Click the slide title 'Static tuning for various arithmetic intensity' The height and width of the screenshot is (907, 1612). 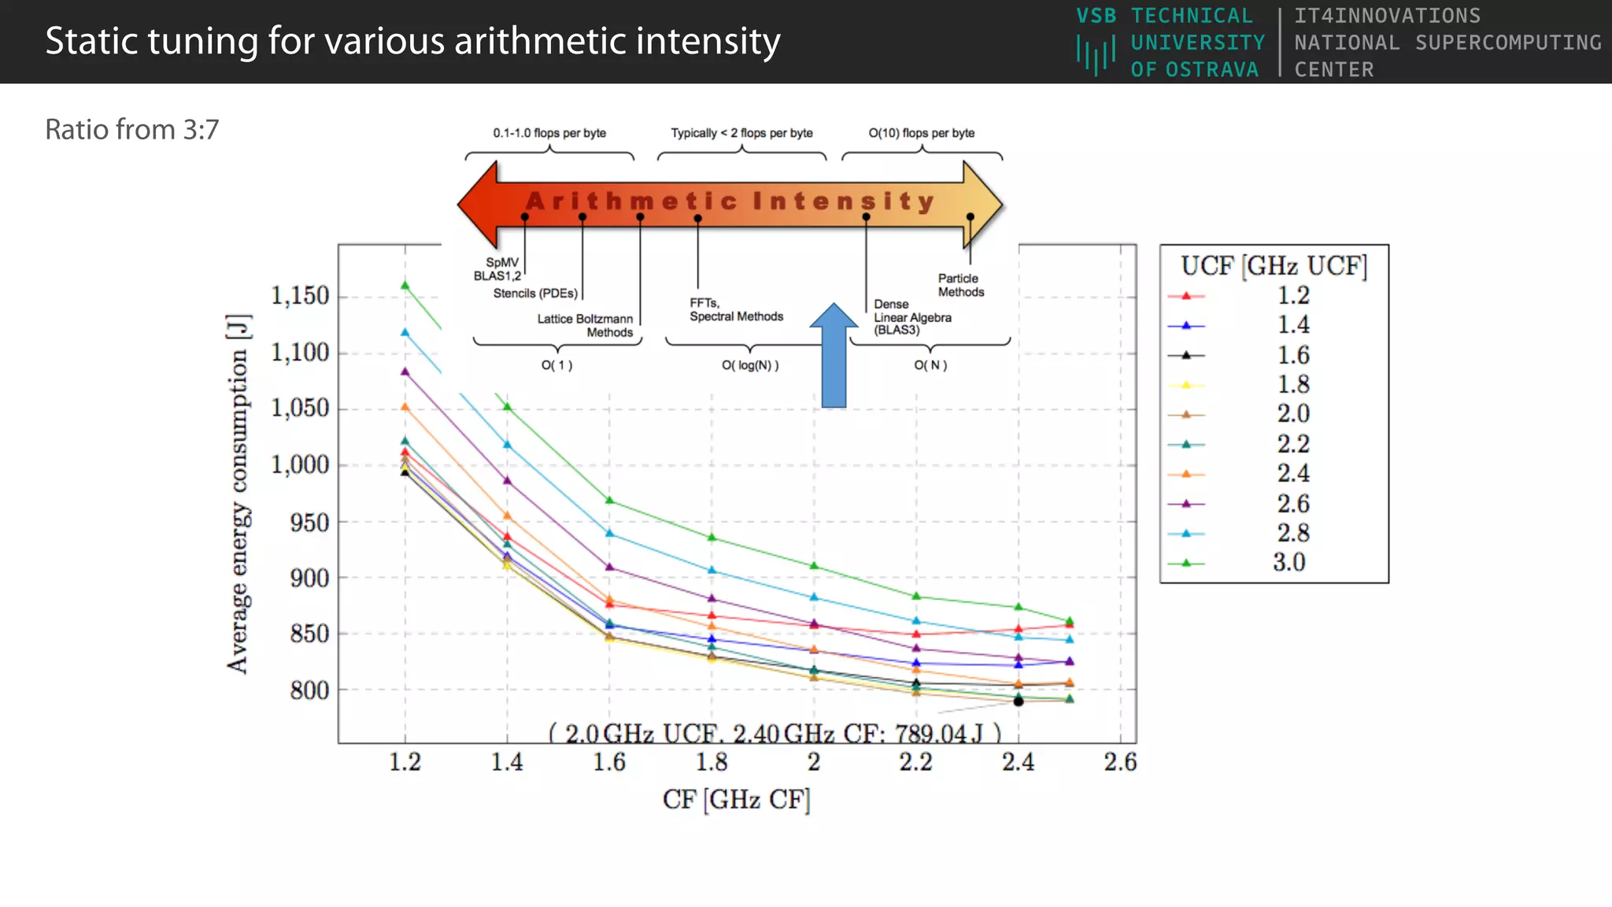point(412,42)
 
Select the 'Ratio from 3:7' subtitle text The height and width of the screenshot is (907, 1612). point(131,130)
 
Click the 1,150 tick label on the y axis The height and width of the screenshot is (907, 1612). point(300,296)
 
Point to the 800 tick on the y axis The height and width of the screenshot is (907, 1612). point(309,690)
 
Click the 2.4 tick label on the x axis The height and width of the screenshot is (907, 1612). point(1018,762)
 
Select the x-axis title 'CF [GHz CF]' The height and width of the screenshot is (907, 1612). point(736,800)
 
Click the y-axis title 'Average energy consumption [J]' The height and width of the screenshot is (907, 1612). point(238,494)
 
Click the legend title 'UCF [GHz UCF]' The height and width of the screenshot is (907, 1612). point(1274,266)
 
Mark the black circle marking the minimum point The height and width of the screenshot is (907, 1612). point(1019,701)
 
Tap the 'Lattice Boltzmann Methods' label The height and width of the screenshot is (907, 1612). point(586,325)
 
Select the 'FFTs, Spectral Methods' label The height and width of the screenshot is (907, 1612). point(736,309)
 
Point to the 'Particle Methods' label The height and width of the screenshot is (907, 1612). point(960,285)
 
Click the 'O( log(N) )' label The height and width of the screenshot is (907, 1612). point(750,365)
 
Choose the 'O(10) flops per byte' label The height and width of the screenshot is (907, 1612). point(921,133)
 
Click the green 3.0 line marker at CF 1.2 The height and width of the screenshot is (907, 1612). point(405,285)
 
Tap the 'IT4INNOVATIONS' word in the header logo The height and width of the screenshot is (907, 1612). point(1387,16)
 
